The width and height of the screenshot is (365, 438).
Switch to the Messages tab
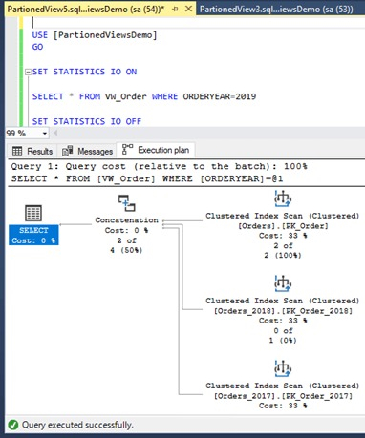[88, 151]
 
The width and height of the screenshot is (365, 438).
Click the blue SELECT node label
[33, 235]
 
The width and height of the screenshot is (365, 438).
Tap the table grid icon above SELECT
[33, 216]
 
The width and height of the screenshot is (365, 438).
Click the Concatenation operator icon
[127, 204]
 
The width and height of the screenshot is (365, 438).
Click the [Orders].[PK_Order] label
[283, 227]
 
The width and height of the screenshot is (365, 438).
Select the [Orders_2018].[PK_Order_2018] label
[283, 310]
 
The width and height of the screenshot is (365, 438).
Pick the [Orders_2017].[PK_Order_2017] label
[283, 394]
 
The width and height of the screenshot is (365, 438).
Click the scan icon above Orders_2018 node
[283, 283]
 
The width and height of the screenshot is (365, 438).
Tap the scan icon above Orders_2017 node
[283, 367]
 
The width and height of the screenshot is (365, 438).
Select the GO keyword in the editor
[39, 46]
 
